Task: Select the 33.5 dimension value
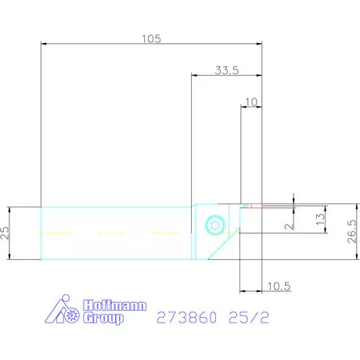[x=226, y=70]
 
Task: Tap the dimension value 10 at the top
[x=250, y=102]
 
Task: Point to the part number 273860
[x=184, y=319]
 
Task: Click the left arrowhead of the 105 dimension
[x=44, y=45]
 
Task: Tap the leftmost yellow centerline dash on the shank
[x=52, y=233]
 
